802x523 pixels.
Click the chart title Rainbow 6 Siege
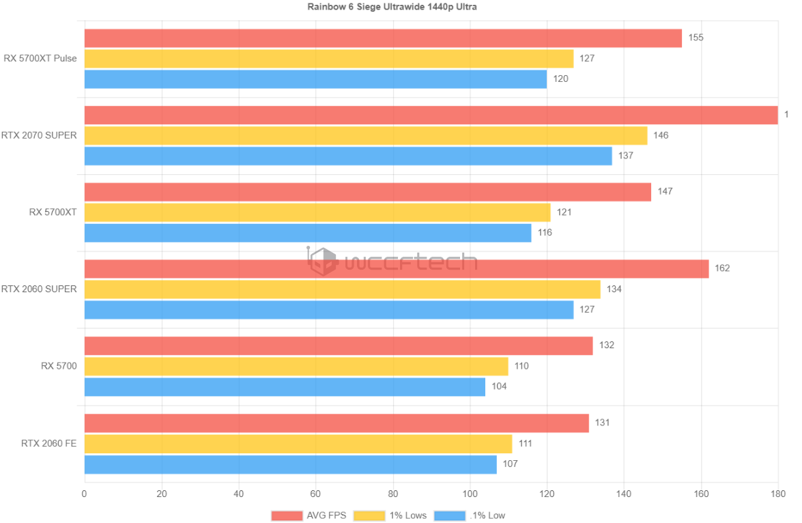401,7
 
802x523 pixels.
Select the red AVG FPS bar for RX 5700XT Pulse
382,38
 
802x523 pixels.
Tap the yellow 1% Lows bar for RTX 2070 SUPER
365,136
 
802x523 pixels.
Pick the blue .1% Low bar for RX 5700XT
307,234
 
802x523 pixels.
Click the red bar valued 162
396,268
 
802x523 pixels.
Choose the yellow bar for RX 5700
296,367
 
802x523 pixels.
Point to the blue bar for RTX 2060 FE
290,465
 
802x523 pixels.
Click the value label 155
696,38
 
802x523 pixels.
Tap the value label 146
661,135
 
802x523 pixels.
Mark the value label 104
499,386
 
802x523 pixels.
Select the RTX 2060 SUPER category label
39,289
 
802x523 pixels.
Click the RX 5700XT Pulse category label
40,59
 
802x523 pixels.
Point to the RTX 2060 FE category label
48,444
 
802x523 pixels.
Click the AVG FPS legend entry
309,515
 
